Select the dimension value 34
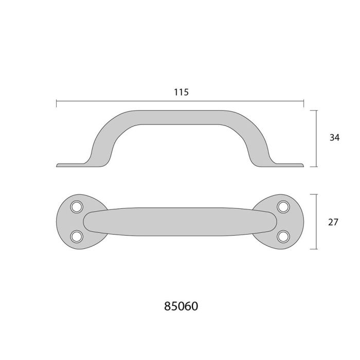click(x=334, y=137)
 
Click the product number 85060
click(x=181, y=307)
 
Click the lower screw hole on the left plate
click(x=77, y=236)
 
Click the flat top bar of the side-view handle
click(x=180, y=116)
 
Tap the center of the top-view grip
click(x=180, y=221)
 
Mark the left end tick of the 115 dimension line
click(x=56, y=102)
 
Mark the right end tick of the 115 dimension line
click(x=304, y=102)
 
